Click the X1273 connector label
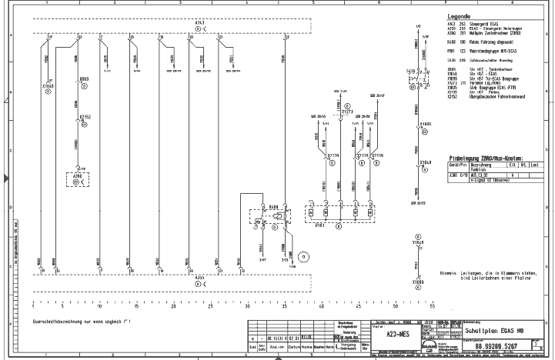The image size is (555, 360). coord(347,112)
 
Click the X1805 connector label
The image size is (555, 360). coord(425,122)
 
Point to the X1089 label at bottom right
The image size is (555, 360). coord(417,282)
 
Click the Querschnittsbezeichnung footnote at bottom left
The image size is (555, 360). coord(82,318)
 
